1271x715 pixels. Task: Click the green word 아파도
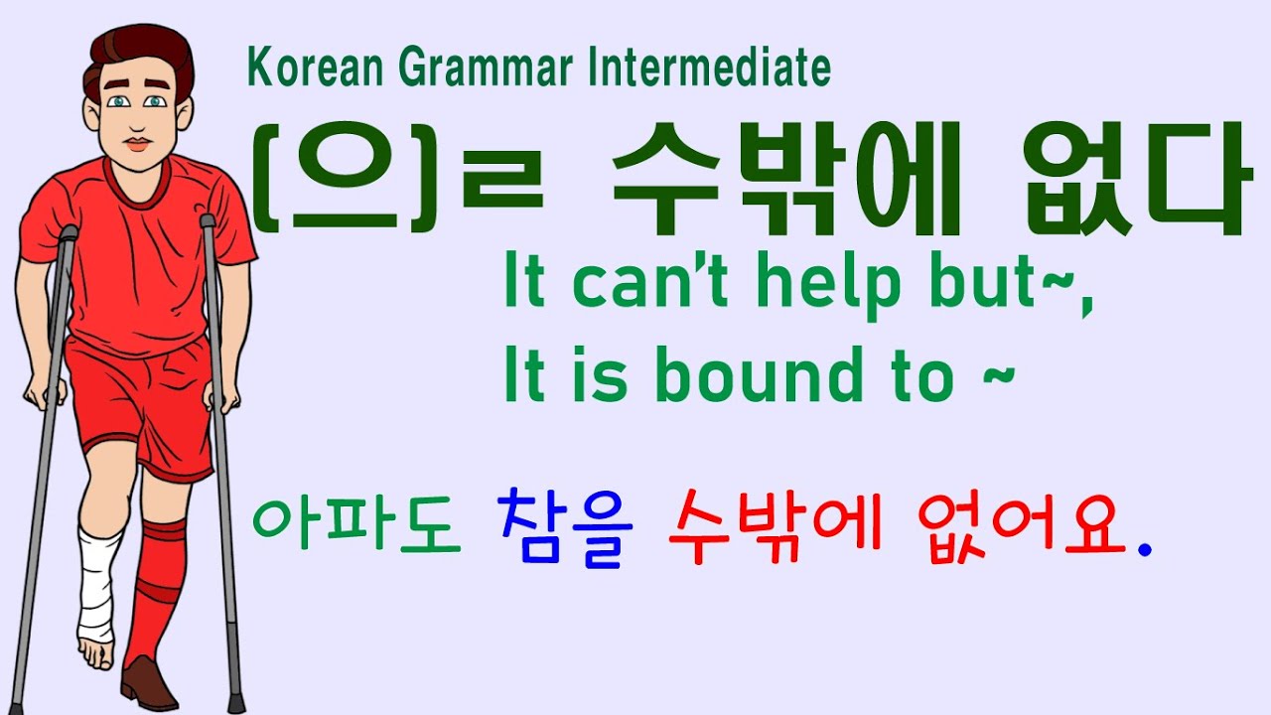pyautogui.click(x=356, y=525)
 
